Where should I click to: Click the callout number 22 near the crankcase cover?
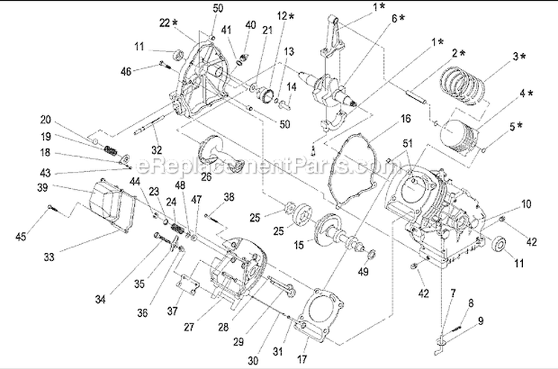pos(166,22)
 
